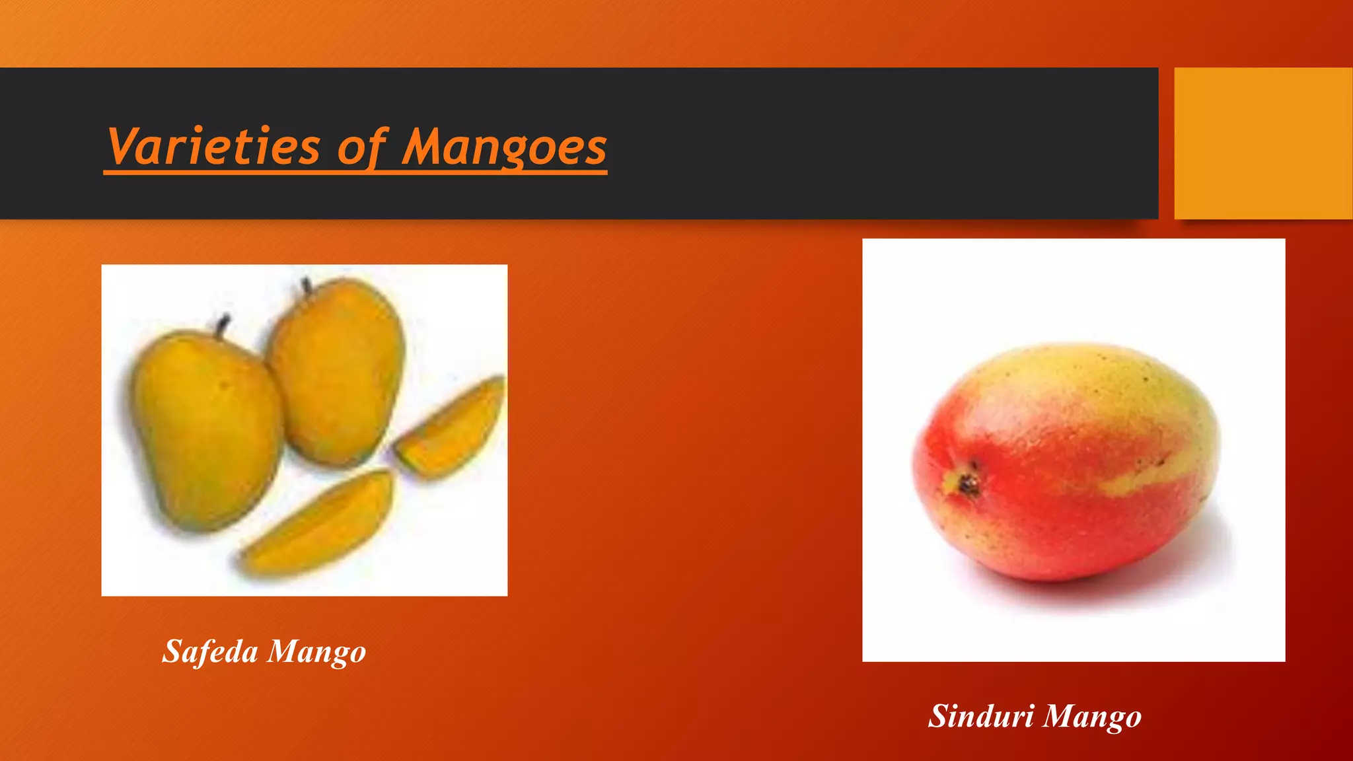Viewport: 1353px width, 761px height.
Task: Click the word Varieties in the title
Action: pyautogui.click(x=213, y=147)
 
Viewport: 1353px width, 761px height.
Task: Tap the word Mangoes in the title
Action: pyautogui.click(x=504, y=147)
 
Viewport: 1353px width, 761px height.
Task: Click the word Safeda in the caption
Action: pyautogui.click(x=210, y=651)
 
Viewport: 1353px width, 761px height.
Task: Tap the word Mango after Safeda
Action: pyautogui.click(x=316, y=653)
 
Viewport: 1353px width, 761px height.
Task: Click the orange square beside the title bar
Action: pyautogui.click(x=1262, y=143)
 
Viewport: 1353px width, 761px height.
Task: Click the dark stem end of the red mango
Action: pyautogui.click(x=969, y=485)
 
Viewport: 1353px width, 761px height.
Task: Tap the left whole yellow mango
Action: pyautogui.click(x=206, y=429)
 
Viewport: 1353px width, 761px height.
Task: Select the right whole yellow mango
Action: pyautogui.click(x=337, y=370)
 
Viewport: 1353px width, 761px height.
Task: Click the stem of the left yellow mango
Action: pyautogui.click(x=223, y=323)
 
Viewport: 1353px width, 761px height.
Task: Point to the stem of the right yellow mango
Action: pyautogui.click(x=307, y=286)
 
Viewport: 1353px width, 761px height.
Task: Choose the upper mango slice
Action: pyautogui.click(x=451, y=428)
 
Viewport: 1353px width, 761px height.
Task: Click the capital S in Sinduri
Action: pyautogui.click(x=939, y=716)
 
